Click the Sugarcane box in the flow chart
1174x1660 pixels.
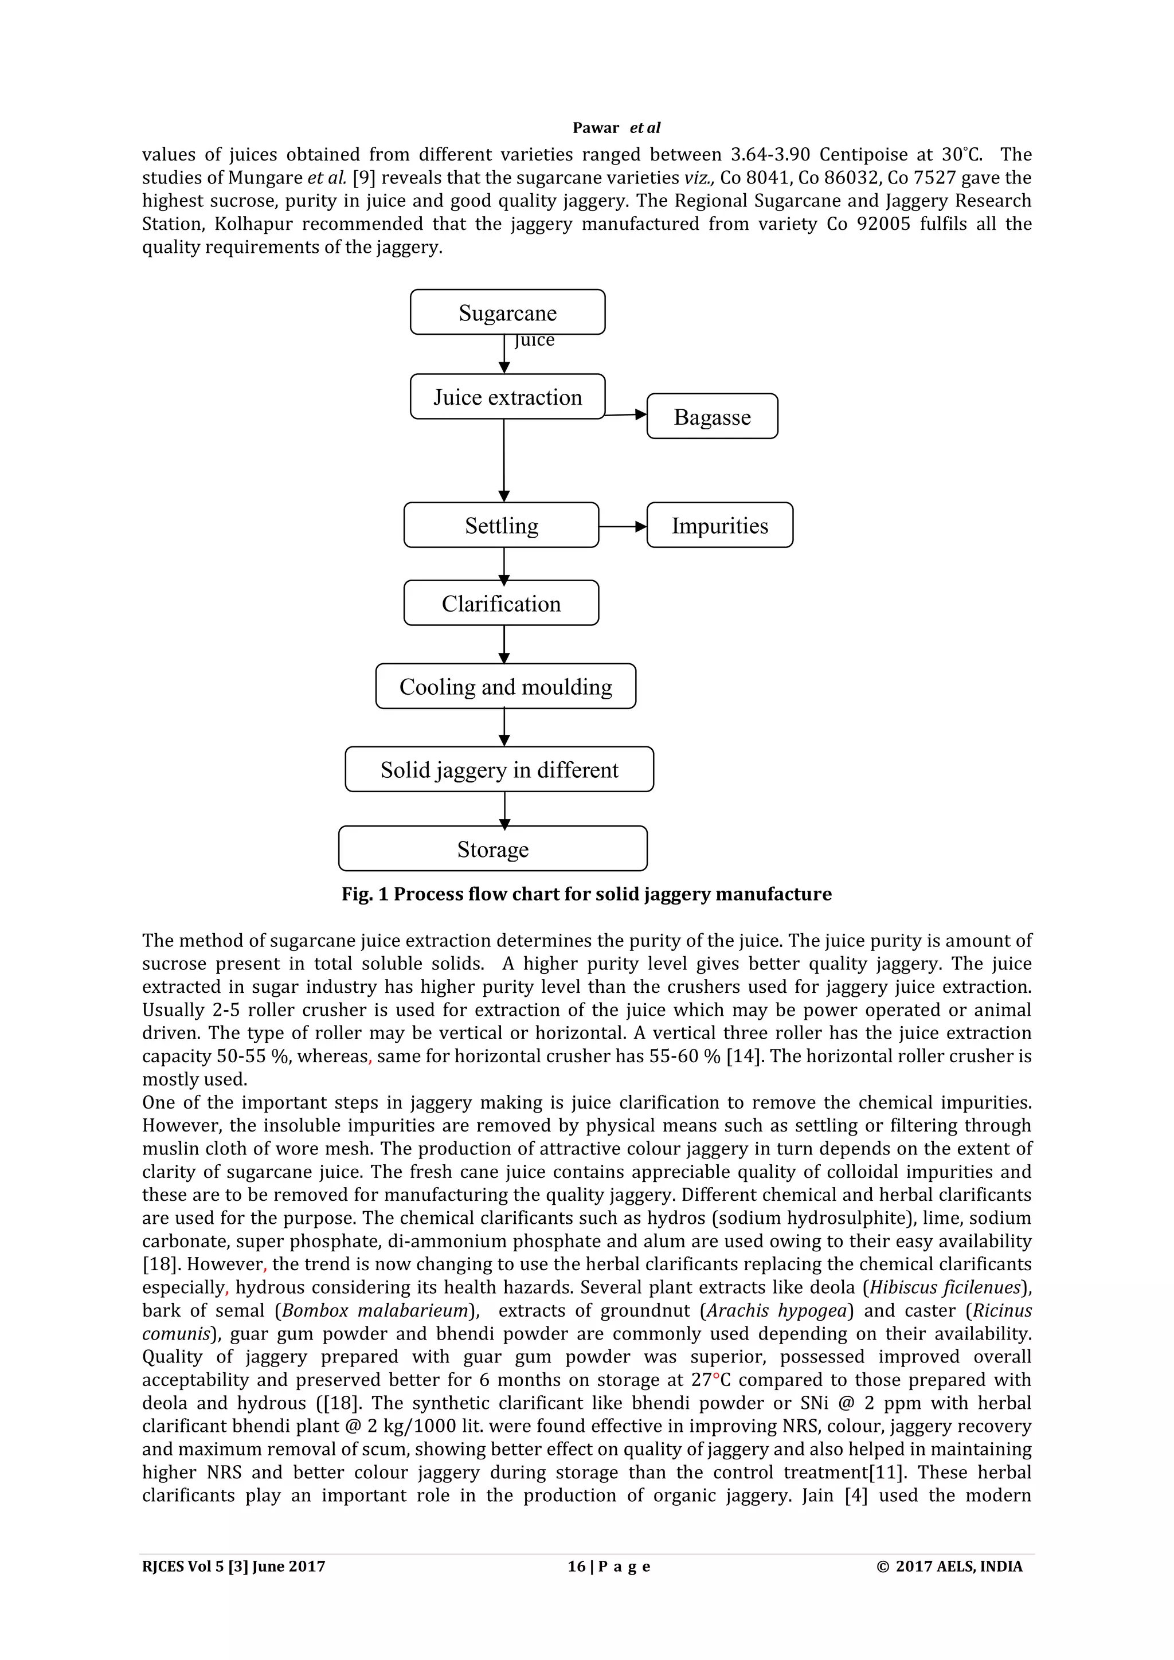(507, 312)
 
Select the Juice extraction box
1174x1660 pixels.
(507, 397)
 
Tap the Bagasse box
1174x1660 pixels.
(712, 417)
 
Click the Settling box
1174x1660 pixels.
(501, 525)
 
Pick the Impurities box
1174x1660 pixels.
(719, 525)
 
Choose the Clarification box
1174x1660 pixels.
(501, 603)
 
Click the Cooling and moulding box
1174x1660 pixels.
(505, 686)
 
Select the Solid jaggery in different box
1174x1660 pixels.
(499, 769)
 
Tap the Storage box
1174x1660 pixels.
(492, 849)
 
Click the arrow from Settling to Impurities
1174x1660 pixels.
(623, 527)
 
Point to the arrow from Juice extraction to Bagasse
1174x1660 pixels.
(626, 414)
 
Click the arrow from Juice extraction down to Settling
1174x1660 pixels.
(504, 460)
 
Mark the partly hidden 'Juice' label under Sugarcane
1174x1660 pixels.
(534, 340)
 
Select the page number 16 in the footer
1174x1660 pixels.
(576, 1566)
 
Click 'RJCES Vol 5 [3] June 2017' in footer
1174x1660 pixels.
(233, 1566)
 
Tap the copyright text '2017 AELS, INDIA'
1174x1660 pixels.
(958, 1566)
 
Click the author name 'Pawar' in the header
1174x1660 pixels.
(596, 128)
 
